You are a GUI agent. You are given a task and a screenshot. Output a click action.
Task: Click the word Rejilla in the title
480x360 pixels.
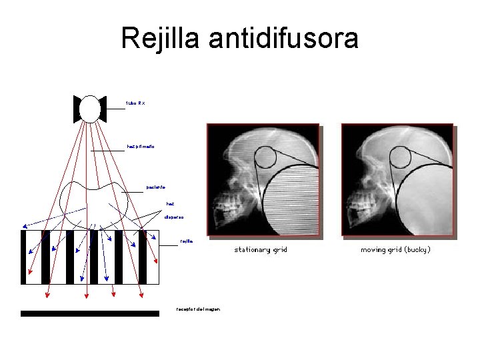pyautogui.click(x=161, y=38)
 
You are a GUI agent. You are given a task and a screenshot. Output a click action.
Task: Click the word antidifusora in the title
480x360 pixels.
pyautogui.click(x=283, y=38)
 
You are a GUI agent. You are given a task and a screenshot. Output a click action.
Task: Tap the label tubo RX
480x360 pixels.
pyautogui.click(x=135, y=103)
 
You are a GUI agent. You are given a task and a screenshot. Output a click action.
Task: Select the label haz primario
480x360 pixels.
pyautogui.click(x=140, y=146)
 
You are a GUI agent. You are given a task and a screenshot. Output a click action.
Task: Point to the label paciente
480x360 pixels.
pyautogui.click(x=156, y=187)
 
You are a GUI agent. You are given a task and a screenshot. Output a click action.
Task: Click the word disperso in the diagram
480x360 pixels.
pyautogui.click(x=174, y=217)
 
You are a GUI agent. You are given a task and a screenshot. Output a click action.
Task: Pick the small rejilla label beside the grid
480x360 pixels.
pyautogui.click(x=186, y=241)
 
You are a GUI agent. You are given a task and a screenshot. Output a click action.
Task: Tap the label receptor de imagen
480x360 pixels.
pyautogui.click(x=198, y=309)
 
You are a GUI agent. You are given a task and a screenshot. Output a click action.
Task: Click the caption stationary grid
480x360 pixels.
pyautogui.click(x=261, y=250)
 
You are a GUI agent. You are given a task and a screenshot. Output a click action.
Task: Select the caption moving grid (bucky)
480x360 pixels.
pyautogui.click(x=395, y=250)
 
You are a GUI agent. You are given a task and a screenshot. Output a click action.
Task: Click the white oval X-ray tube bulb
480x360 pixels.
pyautogui.click(x=90, y=109)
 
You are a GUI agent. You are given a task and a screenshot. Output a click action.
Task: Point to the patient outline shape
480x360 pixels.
pyautogui.click(x=94, y=200)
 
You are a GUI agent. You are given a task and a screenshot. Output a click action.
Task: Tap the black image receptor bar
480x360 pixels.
pyautogui.click(x=90, y=313)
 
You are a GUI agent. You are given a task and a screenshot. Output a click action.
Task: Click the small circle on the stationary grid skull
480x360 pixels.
pyautogui.click(x=265, y=157)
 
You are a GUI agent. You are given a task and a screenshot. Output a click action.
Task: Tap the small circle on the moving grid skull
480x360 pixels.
pyautogui.click(x=400, y=157)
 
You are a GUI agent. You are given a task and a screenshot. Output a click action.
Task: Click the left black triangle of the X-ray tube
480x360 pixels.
pyautogui.click(x=77, y=109)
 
